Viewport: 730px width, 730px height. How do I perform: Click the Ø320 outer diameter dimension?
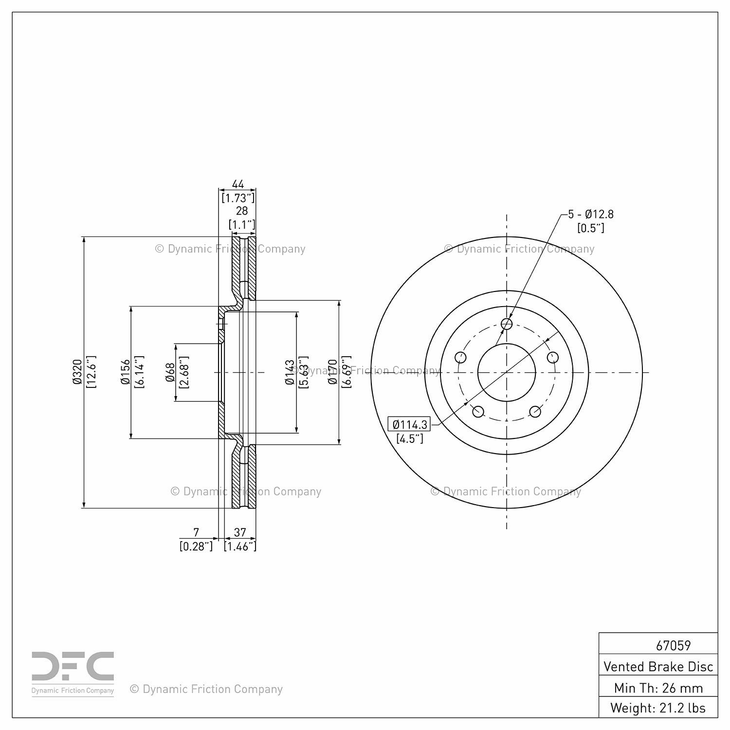[x=77, y=372]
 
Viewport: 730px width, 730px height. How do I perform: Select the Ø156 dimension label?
[x=125, y=372]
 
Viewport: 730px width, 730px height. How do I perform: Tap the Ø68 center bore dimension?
[x=170, y=372]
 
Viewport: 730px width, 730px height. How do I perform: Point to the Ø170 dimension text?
[x=332, y=372]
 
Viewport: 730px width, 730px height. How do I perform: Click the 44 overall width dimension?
[x=238, y=184]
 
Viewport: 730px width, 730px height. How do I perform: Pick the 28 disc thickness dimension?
[x=242, y=211]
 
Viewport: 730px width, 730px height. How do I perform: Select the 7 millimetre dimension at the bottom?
[x=196, y=532]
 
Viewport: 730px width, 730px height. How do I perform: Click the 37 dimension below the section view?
[x=240, y=532]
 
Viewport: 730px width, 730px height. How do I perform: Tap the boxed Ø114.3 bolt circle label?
[x=409, y=424]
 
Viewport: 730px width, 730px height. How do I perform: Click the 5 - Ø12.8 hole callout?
[x=591, y=214]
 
